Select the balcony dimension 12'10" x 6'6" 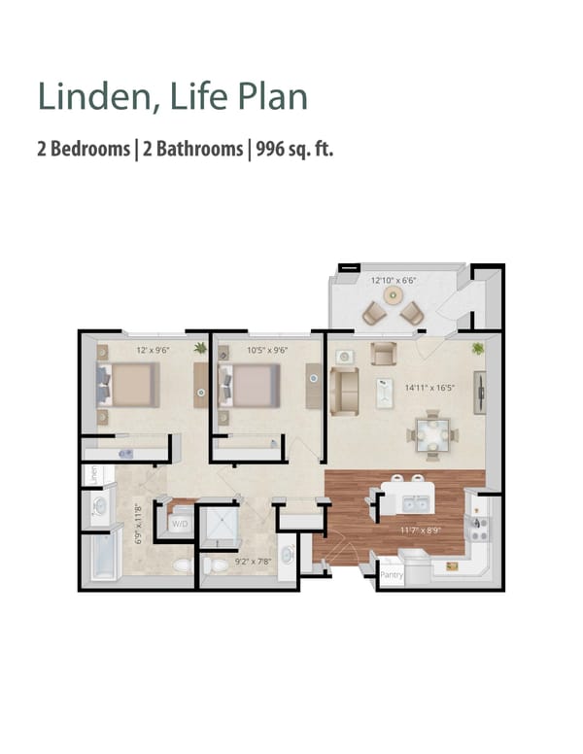pyautogui.click(x=394, y=281)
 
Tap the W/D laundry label pyautogui.click(x=181, y=524)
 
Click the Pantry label pyautogui.click(x=391, y=575)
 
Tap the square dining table pyautogui.click(x=432, y=432)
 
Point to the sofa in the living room pyautogui.click(x=344, y=392)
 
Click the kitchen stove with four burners pyautogui.click(x=477, y=525)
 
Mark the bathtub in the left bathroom pyautogui.click(x=100, y=561)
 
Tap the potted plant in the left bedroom pyautogui.click(x=201, y=347)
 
